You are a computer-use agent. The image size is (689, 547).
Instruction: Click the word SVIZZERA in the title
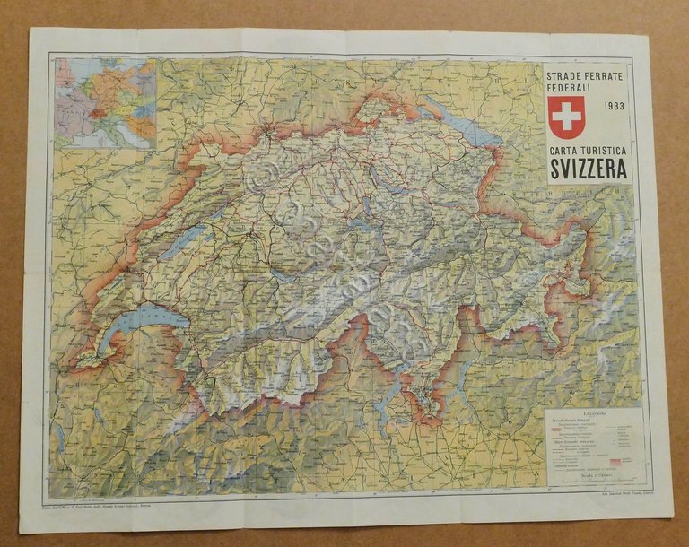[589, 168]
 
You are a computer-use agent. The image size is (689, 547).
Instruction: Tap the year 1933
[615, 106]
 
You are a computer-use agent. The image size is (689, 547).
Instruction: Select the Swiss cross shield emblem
[566, 116]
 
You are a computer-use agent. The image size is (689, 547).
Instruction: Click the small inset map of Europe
[104, 102]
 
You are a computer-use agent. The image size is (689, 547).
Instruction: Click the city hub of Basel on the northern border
[267, 135]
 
